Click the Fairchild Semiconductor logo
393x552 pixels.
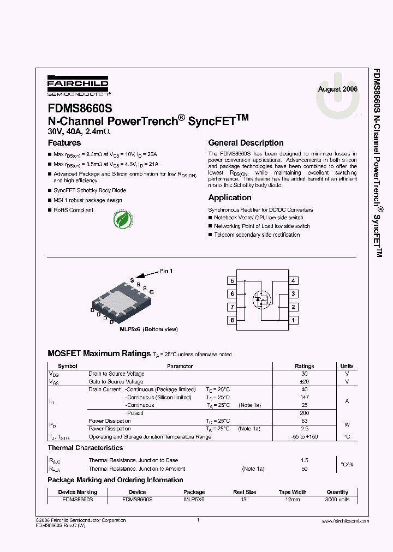78,86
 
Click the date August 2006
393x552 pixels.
338,89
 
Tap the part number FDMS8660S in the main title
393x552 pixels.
80,109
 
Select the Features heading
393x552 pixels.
64,143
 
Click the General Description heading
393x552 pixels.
246,143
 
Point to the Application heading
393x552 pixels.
230,197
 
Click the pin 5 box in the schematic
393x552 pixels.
233,281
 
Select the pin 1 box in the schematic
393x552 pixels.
294,320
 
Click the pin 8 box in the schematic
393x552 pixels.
233,320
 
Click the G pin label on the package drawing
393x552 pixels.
152,292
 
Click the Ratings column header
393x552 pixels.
304,366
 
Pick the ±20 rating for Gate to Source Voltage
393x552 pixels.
304,382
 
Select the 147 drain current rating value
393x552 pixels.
304,398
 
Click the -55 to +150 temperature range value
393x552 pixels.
304,437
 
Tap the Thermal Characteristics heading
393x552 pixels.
85,448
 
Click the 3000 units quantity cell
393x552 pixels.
337,500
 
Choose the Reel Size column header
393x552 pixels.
244,492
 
